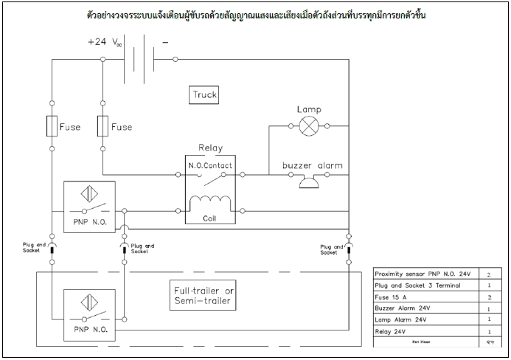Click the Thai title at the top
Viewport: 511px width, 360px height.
pos(255,15)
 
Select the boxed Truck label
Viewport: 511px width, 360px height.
pos(206,95)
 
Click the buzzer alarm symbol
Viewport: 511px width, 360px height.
pos(310,181)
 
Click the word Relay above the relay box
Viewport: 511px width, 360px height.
pos(209,148)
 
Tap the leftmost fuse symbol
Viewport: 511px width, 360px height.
pos(52,126)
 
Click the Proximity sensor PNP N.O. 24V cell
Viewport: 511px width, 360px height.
pos(423,273)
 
